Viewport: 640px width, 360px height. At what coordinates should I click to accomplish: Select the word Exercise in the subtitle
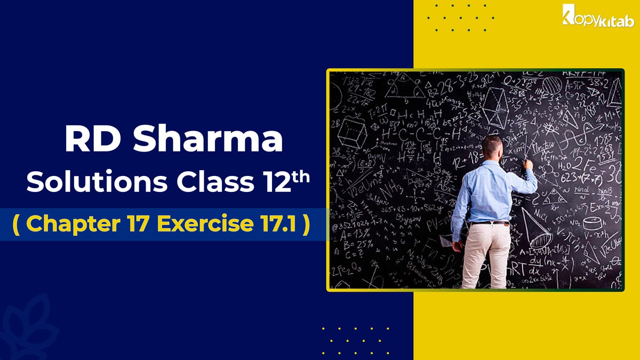tap(198, 224)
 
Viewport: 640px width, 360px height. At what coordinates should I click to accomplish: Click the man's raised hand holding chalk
tap(528, 165)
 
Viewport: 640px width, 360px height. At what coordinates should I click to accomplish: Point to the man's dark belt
tap(490, 222)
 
